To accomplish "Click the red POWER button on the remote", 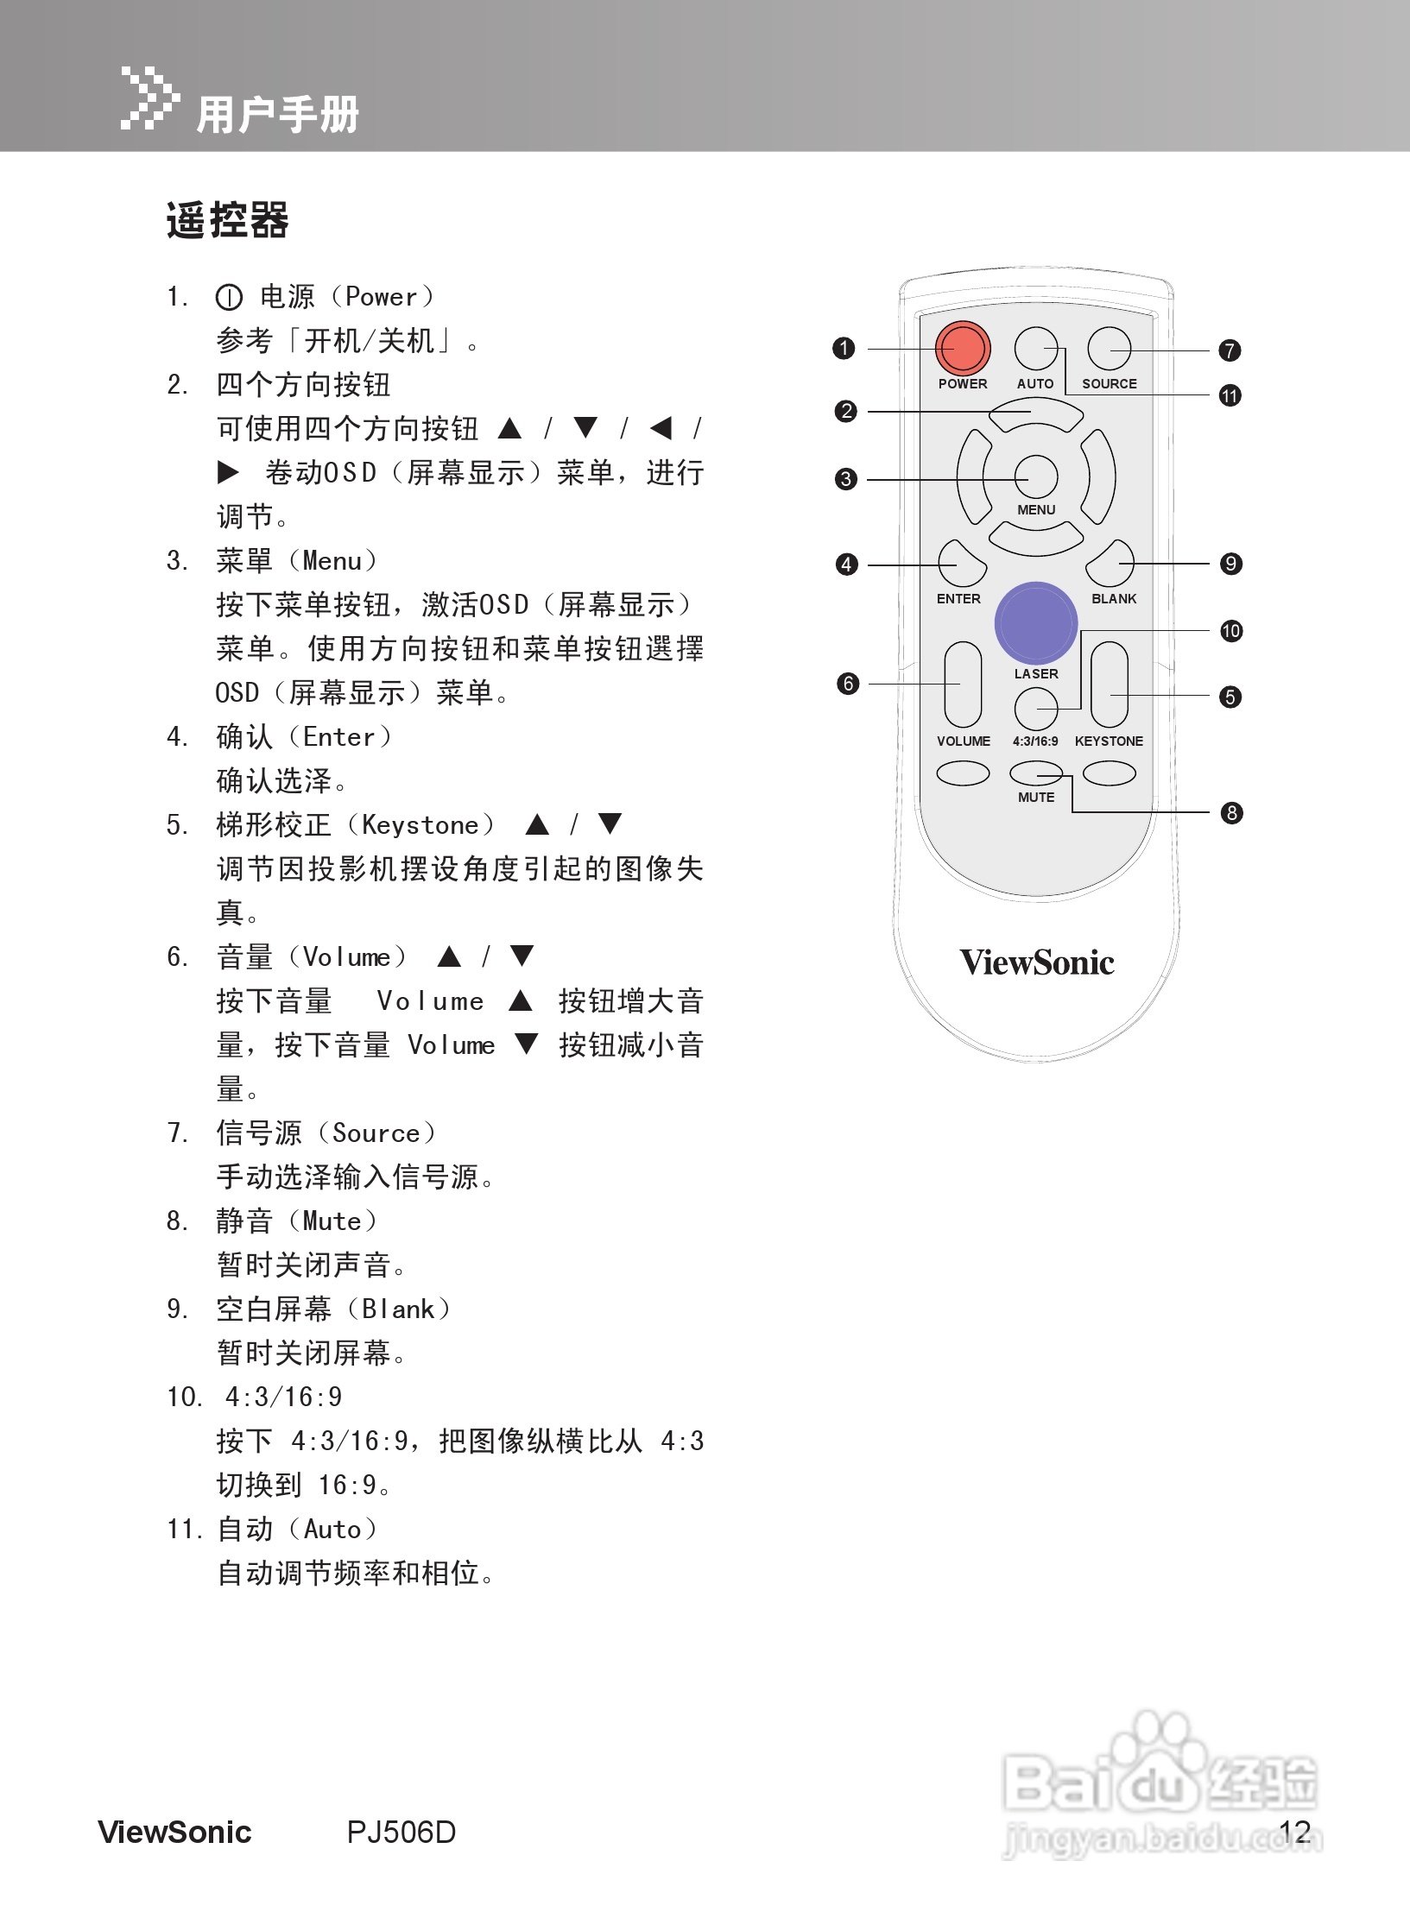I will tap(962, 348).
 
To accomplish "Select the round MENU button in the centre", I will tap(1035, 476).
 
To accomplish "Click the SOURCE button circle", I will tap(1110, 349).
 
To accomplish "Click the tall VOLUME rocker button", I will tap(963, 685).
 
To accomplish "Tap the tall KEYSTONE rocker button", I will tap(1110, 685).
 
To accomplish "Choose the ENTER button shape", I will tap(960, 565).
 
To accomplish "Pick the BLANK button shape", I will tap(1111, 565).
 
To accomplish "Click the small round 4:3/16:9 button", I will tap(1035, 710).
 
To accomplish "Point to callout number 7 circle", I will tap(1230, 350).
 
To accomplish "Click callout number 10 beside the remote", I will tap(1230, 631).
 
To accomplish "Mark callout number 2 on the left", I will tap(846, 411).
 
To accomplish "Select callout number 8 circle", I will tap(1231, 812).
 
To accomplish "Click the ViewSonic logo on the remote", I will tap(1036, 962).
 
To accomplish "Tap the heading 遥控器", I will tap(227, 220).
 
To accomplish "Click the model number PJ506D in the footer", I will tap(402, 1831).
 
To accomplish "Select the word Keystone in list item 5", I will tap(420, 825).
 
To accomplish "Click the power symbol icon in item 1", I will tap(229, 298).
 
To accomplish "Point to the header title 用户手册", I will tap(277, 114).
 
